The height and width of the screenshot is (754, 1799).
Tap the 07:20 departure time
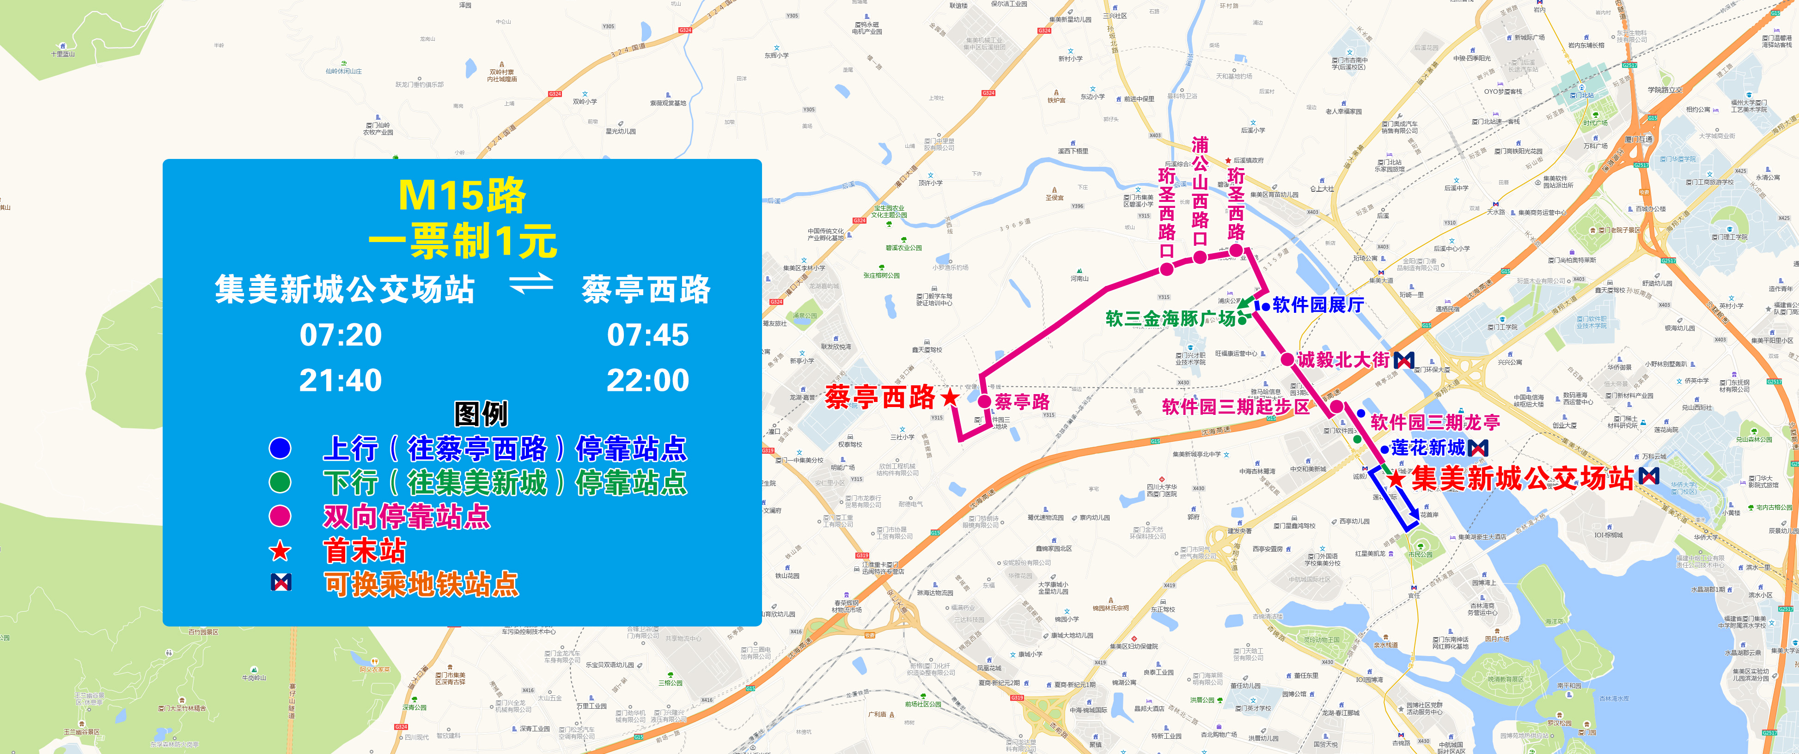pyautogui.click(x=341, y=335)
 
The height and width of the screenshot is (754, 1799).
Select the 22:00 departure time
pyautogui.click(x=647, y=381)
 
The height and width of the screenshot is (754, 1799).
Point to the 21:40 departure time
pyautogui.click(x=341, y=381)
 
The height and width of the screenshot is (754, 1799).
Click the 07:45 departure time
pyautogui.click(x=647, y=335)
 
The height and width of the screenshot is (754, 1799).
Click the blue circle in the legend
pyautogui.click(x=280, y=448)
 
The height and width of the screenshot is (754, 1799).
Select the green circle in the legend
pyautogui.click(x=280, y=482)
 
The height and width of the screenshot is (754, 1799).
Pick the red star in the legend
pyautogui.click(x=280, y=551)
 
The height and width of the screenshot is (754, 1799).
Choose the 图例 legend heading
pyautogui.click(x=481, y=414)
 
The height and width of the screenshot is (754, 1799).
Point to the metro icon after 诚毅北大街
pyautogui.click(x=1404, y=360)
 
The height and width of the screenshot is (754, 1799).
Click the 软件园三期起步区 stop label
pyautogui.click(x=1235, y=407)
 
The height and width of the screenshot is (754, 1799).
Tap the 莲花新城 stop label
pyautogui.click(x=1428, y=448)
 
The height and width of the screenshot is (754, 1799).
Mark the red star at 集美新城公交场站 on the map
pyautogui.click(x=1395, y=479)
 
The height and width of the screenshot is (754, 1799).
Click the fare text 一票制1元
pyautogui.click(x=462, y=242)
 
